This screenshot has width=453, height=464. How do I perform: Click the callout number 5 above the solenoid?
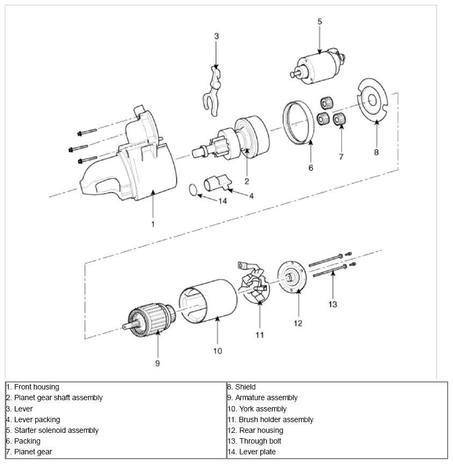click(319, 22)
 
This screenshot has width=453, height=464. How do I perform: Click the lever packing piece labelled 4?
click(215, 182)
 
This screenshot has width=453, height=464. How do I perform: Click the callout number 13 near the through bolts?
click(333, 304)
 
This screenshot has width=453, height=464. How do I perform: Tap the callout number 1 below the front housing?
click(152, 224)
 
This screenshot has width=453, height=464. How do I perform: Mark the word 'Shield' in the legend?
click(245, 387)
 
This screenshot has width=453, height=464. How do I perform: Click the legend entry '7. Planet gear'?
click(29, 452)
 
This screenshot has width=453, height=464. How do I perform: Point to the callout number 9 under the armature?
click(158, 363)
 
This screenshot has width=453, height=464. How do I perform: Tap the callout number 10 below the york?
click(217, 351)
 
